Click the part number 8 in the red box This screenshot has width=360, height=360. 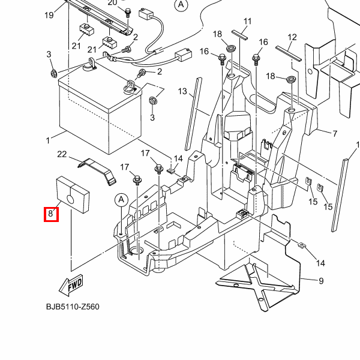click(x=51, y=214)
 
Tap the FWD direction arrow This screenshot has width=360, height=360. click(x=71, y=285)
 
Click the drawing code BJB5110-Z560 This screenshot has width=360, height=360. click(x=73, y=307)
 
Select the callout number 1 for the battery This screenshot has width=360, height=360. click(x=48, y=140)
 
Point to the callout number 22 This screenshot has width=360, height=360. click(x=62, y=154)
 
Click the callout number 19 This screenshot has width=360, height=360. click(x=49, y=15)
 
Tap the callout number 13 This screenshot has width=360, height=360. click(x=182, y=91)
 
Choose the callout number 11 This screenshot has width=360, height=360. click(x=247, y=22)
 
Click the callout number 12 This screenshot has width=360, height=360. click(x=292, y=37)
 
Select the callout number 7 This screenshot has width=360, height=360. click(x=335, y=133)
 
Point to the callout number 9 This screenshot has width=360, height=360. click(x=321, y=281)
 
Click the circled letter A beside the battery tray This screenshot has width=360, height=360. click(x=121, y=200)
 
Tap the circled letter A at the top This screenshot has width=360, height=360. click(x=181, y=4)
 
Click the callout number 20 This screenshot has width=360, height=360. click(x=112, y=2)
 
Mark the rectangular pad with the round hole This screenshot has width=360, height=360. click(x=73, y=194)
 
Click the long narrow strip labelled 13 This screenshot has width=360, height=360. click(x=193, y=114)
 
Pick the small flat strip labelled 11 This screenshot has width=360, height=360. click(x=239, y=35)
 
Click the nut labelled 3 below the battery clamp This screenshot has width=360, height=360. click(x=152, y=100)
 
